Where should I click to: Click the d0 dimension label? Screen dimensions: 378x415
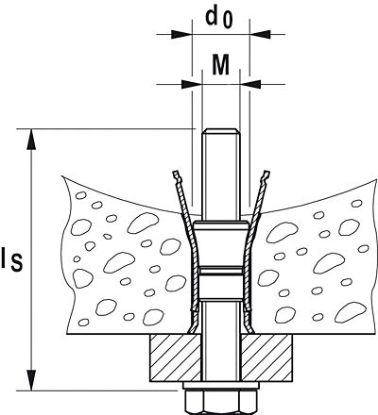tap(219, 19)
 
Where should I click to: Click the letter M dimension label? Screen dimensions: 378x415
tap(220, 65)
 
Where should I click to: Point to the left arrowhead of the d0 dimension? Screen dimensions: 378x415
tap(181, 34)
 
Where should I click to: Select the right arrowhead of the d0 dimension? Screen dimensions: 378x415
tap(260, 34)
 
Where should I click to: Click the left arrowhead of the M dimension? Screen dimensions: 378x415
tap(192, 84)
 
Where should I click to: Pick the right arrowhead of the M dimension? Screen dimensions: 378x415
tap(250, 84)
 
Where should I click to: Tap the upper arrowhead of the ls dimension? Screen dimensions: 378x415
tap(31, 139)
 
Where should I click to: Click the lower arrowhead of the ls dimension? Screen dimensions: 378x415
tap(31, 380)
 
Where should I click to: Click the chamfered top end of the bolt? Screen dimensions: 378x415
tap(221, 131)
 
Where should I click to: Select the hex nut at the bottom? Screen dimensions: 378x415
tap(221, 402)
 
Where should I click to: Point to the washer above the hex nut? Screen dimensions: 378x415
tap(221, 386)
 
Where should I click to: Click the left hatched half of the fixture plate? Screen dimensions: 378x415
tap(175, 358)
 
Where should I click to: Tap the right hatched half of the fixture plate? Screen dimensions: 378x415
tap(266, 358)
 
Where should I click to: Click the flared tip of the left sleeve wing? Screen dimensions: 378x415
tap(177, 175)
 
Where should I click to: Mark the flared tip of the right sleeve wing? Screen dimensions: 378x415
tap(266, 175)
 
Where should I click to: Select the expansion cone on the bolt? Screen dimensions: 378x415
tap(221, 243)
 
